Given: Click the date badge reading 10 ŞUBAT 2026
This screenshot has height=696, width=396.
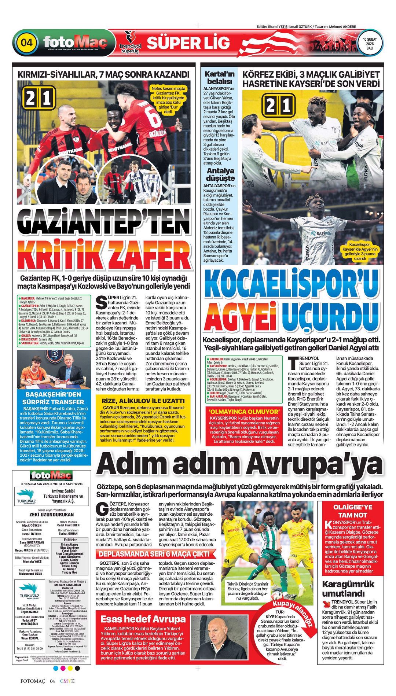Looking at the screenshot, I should pos(370,43).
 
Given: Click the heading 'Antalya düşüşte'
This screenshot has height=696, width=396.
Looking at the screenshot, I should pos(220,174).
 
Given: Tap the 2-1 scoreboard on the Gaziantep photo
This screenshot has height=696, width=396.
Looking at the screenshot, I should pos(40,98).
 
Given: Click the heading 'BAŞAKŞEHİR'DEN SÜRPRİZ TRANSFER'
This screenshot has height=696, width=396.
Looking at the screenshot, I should pos(54,398).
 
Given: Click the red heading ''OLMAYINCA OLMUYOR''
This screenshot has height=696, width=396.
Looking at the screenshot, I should pos(244,411).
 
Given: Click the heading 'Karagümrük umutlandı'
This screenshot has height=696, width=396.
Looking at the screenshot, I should pos(348,589).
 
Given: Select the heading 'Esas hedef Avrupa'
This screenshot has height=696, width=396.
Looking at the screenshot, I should pos(143,619).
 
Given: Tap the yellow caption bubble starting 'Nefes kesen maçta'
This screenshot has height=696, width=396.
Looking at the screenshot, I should pos(169,100).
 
